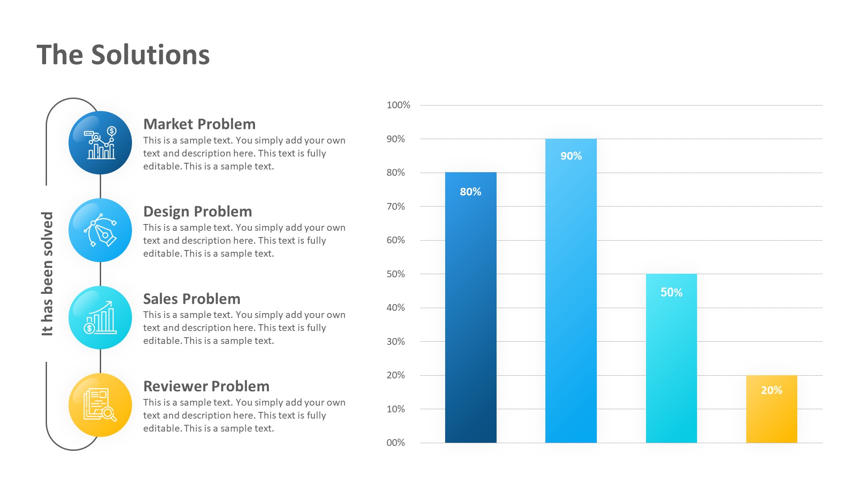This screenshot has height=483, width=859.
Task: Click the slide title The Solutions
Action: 123,55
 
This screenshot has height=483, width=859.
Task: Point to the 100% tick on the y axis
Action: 398,105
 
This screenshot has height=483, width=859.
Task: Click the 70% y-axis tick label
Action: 395,207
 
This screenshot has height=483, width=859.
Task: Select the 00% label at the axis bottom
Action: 395,443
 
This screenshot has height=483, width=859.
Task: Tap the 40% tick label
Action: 395,308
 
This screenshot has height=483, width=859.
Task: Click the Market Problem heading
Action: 199,124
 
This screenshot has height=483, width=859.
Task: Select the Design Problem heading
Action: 197,212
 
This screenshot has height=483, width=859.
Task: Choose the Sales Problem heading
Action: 191,299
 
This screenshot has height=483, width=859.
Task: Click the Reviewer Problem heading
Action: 206,386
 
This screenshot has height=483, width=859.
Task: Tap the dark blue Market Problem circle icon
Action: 100,143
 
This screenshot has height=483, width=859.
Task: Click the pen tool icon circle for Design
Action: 100,230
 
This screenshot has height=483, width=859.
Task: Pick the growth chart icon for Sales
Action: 100,318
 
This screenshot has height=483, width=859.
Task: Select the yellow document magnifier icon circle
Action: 100,405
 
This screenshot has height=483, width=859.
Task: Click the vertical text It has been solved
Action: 47,274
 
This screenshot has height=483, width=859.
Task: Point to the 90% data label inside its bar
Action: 571,156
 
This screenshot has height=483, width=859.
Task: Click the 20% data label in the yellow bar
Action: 771,390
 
